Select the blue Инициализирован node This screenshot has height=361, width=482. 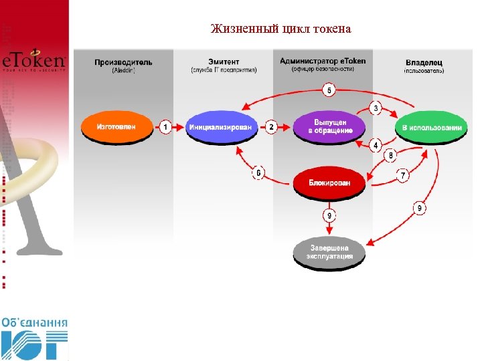click(x=222, y=126)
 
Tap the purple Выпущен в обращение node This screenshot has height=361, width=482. click(x=329, y=126)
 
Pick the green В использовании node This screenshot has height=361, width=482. click(x=431, y=126)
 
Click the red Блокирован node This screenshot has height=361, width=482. click(x=329, y=181)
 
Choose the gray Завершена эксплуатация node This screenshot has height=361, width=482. click(x=329, y=253)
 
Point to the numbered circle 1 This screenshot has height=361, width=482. click(x=165, y=126)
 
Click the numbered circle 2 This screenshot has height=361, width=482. click(x=272, y=126)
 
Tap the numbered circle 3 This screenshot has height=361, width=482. click(x=376, y=108)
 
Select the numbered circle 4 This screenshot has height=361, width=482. click(x=376, y=145)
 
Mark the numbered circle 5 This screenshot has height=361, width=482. click(x=329, y=90)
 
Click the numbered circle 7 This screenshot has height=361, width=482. click(x=402, y=175)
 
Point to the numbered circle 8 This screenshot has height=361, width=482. click(x=392, y=155)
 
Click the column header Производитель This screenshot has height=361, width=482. click(x=123, y=62)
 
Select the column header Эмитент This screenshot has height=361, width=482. click(x=223, y=62)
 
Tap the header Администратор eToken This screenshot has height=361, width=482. click(x=323, y=62)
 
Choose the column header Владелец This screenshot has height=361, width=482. click(x=423, y=62)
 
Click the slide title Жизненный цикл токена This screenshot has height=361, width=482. click(x=280, y=29)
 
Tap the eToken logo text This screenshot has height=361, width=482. click(x=33, y=62)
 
